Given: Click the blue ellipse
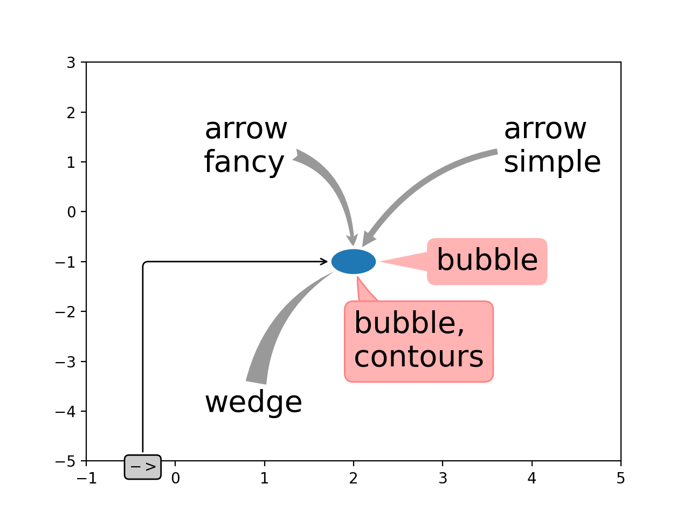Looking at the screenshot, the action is pyautogui.click(x=353, y=261).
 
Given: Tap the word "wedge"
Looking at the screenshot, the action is pyautogui.click(x=253, y=403).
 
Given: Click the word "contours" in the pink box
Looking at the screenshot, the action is pyautogui.click(x=418, y=357).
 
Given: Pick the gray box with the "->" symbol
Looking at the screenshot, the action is pyautogui.click(x=143, y=467).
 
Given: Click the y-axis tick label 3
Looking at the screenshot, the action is pyautogui.click(x=71, y=63).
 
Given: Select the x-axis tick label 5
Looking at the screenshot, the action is pyautogui.click(x=620, y=479).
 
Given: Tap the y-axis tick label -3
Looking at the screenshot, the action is pyautogui.click(x=65, y=362).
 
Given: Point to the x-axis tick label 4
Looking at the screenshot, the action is pyautogui.click(x=532, y=479).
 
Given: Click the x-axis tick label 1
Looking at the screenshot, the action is pyautogui.click(x=264, y=479).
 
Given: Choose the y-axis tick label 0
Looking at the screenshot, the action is pyautogui.click(x=71, y=212).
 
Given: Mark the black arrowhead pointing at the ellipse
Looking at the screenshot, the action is pyautogui.click(x=324, y=261).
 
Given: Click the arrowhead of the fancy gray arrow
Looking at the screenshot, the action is pyautogui.click(x=353, y=240).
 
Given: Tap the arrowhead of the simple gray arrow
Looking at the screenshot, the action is pyautogui.click(x=368, y=240).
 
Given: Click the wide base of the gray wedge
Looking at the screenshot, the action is pyautogui.click(x=256, y=382).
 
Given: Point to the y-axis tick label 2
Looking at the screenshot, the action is pyautogui.click(x=71, y=113).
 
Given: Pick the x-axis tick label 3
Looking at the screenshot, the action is pyautogui.click(x=443, y=479).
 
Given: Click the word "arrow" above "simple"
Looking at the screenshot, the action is pyautogui.click(x=545, y=129).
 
